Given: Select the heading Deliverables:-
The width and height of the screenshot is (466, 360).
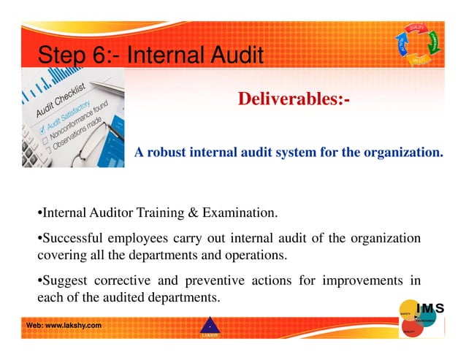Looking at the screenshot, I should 294,99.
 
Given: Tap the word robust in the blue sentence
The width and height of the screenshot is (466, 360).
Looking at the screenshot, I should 165,153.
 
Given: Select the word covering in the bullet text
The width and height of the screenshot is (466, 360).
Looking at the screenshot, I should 61,256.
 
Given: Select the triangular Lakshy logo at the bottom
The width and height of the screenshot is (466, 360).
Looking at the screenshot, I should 209,328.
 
